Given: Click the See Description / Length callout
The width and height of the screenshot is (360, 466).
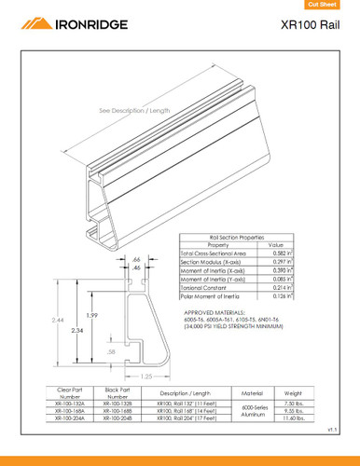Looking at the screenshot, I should point(136,110).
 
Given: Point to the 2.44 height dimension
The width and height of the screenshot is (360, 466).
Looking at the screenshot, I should point(58,318).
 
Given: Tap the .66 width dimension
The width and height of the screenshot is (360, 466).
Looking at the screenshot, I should point(136,258).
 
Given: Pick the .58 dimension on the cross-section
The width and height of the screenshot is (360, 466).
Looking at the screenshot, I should point(112,351).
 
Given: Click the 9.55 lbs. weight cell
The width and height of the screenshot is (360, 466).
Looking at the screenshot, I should point(294,410).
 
